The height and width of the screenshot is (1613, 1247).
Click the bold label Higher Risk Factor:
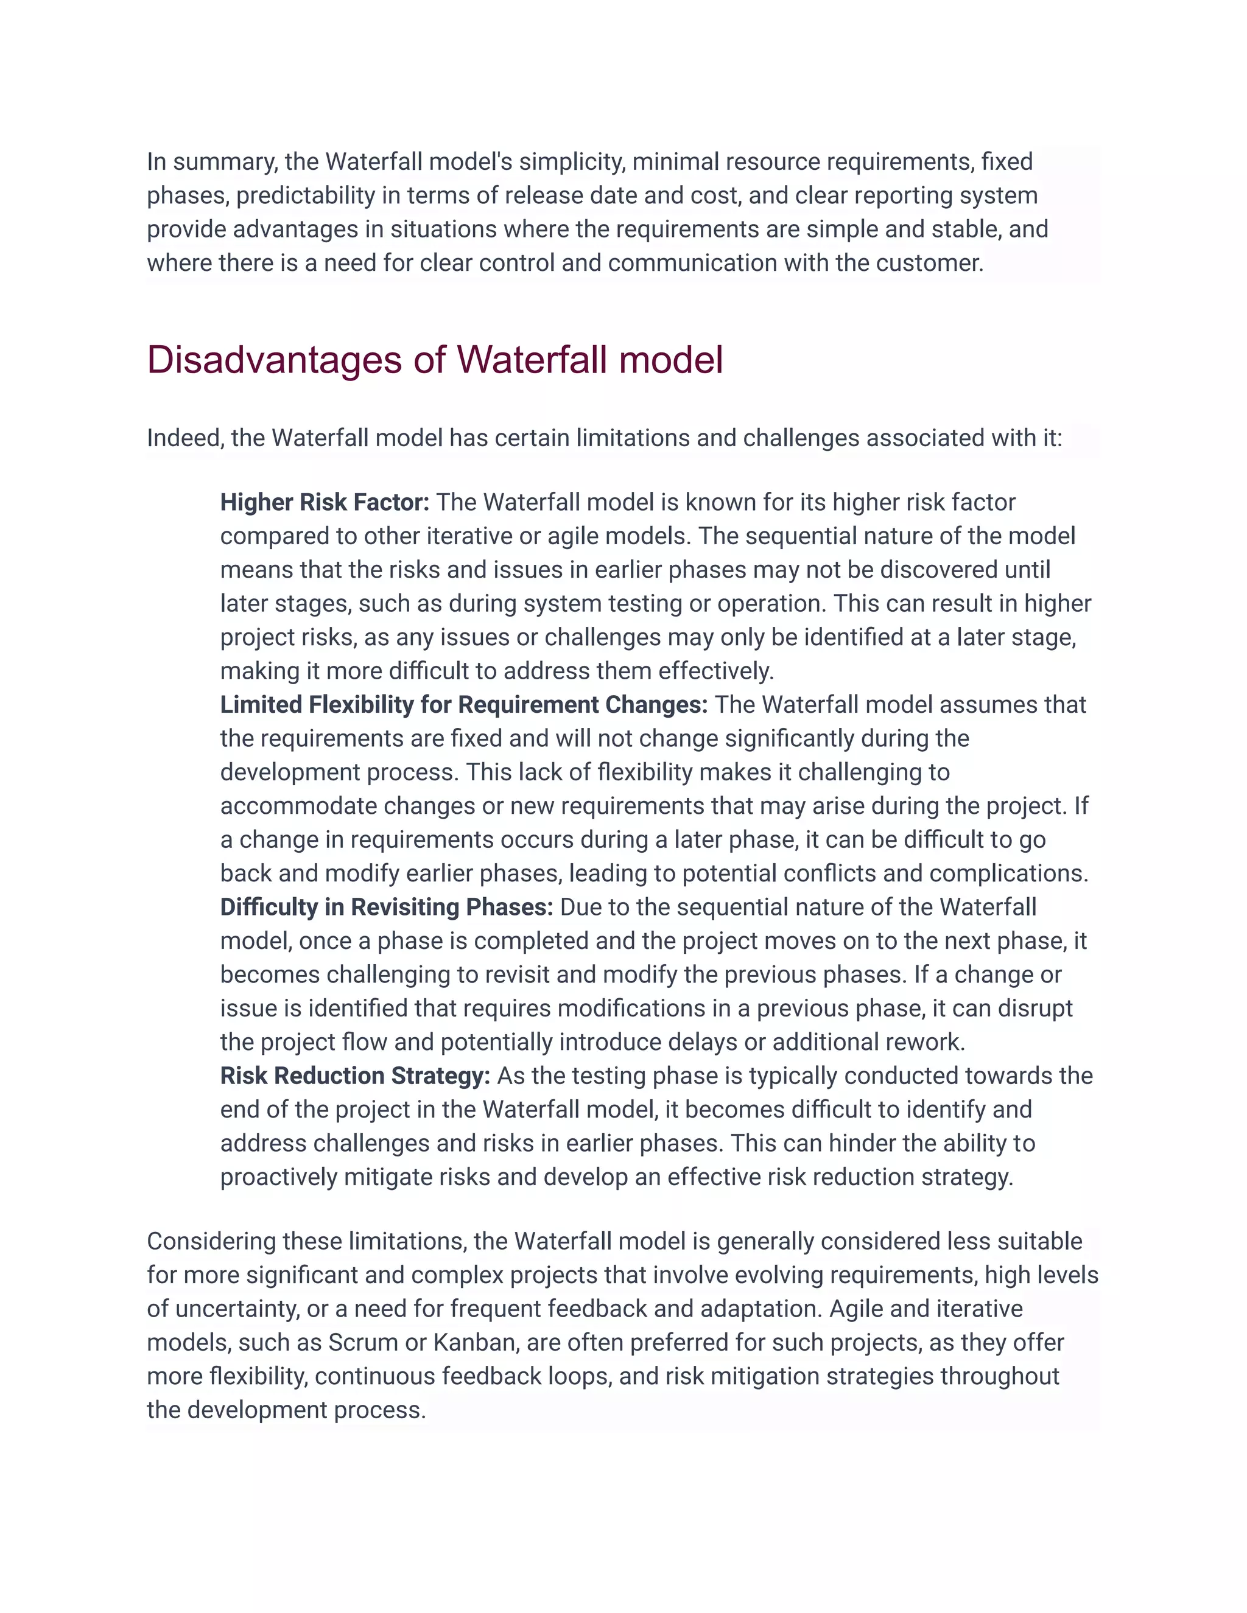tap(325, 502)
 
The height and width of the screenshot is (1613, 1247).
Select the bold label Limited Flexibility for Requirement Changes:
tap(463, 705)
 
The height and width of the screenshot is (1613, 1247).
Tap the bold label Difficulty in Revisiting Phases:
tap(387, 907)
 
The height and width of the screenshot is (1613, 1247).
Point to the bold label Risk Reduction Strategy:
tap(354, 1076)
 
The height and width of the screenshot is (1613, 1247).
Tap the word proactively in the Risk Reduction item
tap(278, 1177)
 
